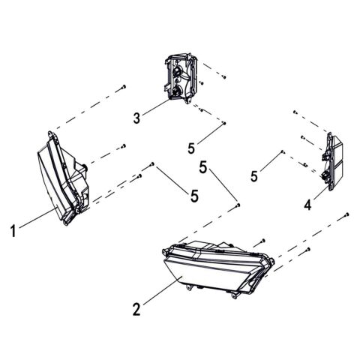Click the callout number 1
pyautogui.click(x=12, y=232)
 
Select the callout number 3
pyautogui.click(x=137, y=118)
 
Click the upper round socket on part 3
pyautogui.click(x=178, y=71)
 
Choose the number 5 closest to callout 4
pyautogui.click(x=255, y=176)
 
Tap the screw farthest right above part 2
pyautogui.click(x=346, y=215)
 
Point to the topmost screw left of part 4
pyautogui.click(x=295, y=112)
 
